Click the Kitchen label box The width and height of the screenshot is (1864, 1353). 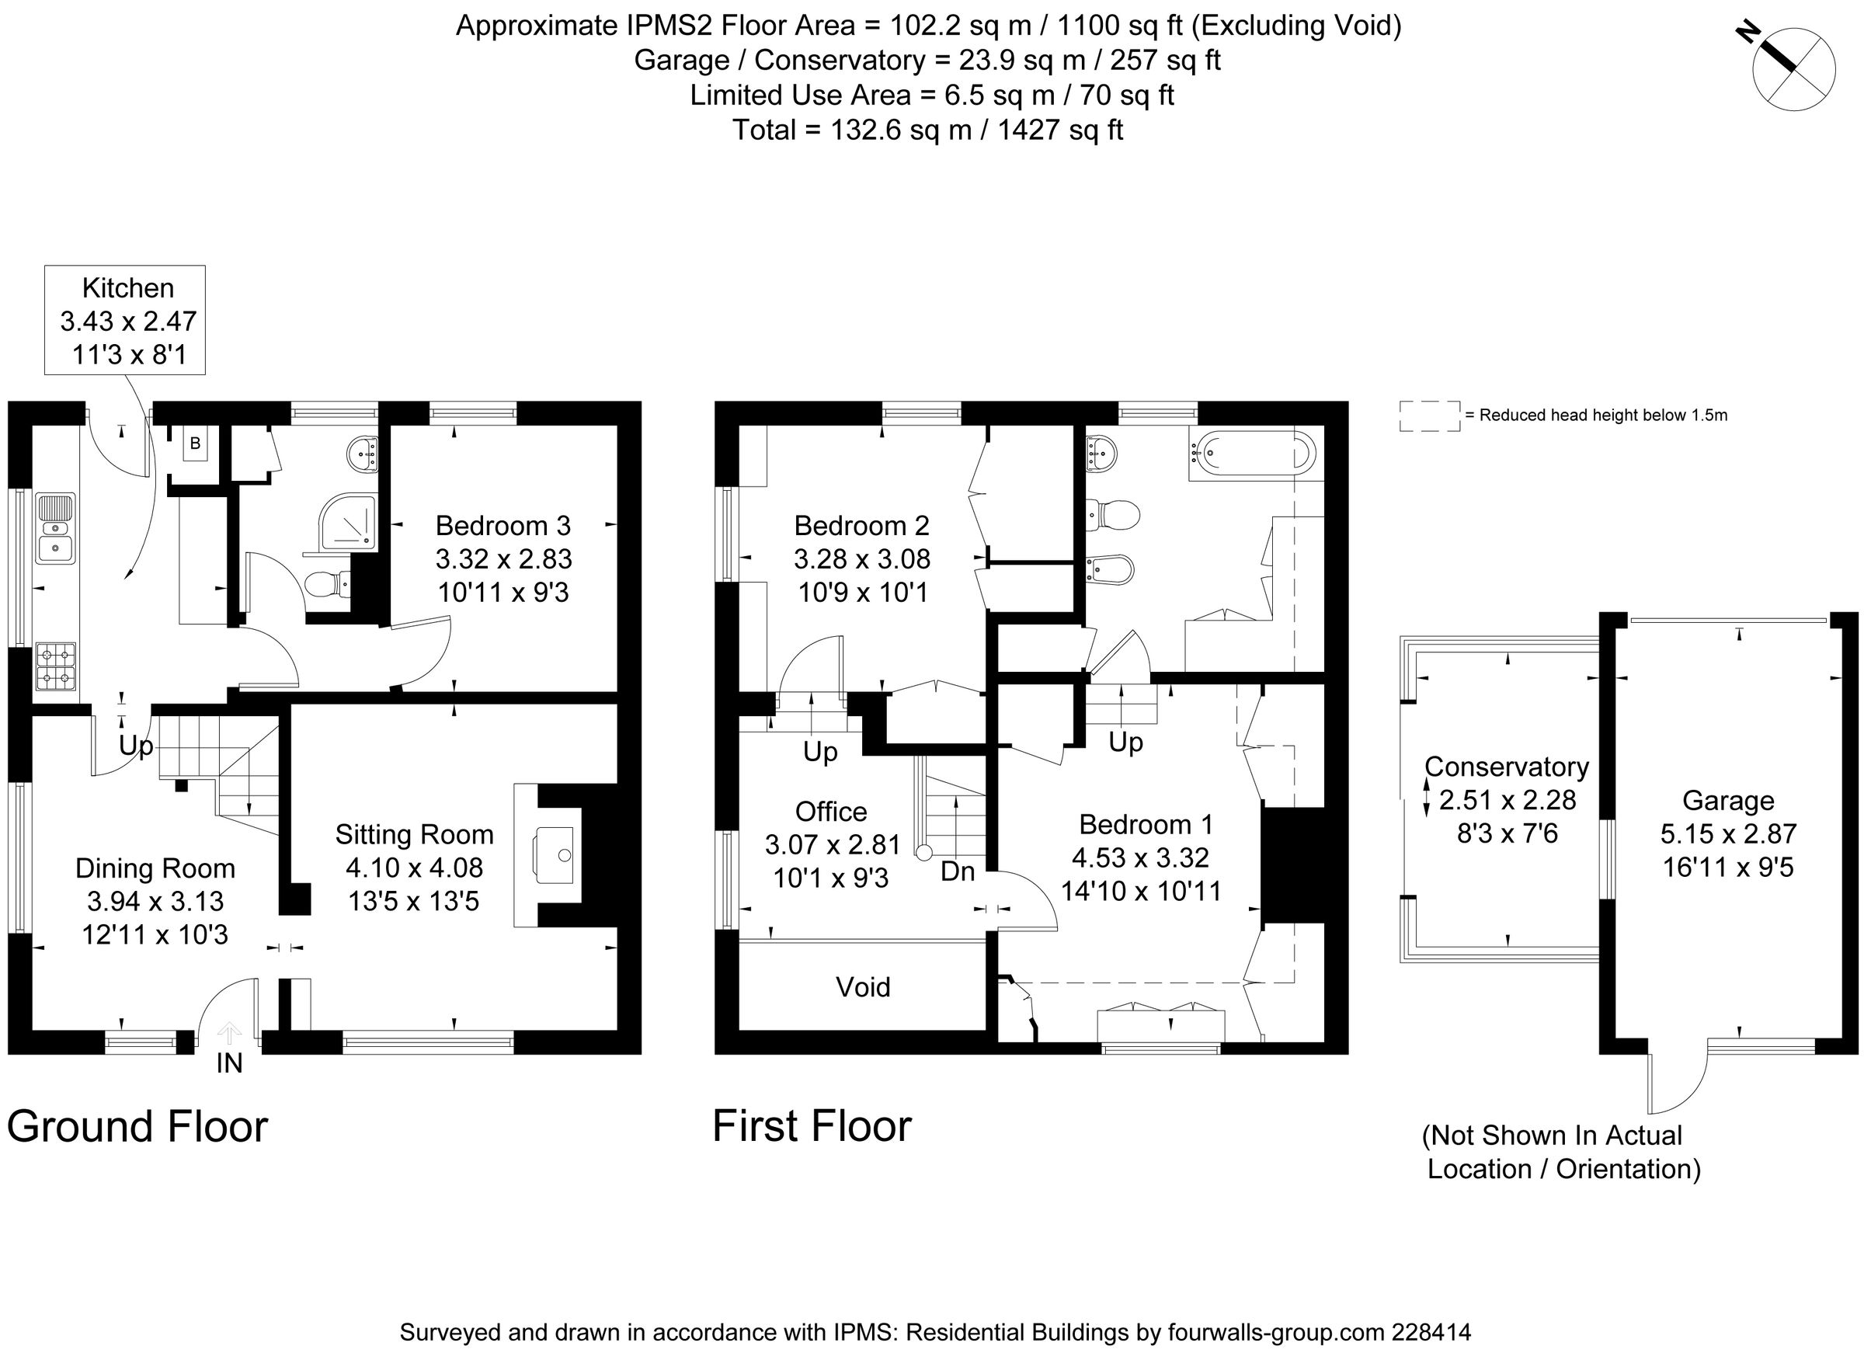tap(124, 320)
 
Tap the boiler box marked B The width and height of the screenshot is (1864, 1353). tap(195, 443)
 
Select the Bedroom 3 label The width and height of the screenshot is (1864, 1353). tap(503, 525)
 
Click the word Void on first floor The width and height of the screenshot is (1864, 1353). tap(863, 986)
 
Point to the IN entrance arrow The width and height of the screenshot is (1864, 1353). tap(228, 1034)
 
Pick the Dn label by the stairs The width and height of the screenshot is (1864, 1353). tap(958, 871)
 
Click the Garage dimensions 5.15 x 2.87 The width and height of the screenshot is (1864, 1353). tap(1728, 833)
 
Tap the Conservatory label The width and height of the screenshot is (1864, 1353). tap(1507, 766)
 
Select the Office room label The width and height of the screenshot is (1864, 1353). tap(831, 812)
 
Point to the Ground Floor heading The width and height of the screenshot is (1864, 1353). tap(137, 1126)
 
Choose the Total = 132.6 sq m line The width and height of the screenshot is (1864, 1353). tap(927, 130)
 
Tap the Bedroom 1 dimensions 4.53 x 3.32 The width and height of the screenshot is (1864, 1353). tap(1140, 857)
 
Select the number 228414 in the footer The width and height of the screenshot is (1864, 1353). tap(1431, 1331)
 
